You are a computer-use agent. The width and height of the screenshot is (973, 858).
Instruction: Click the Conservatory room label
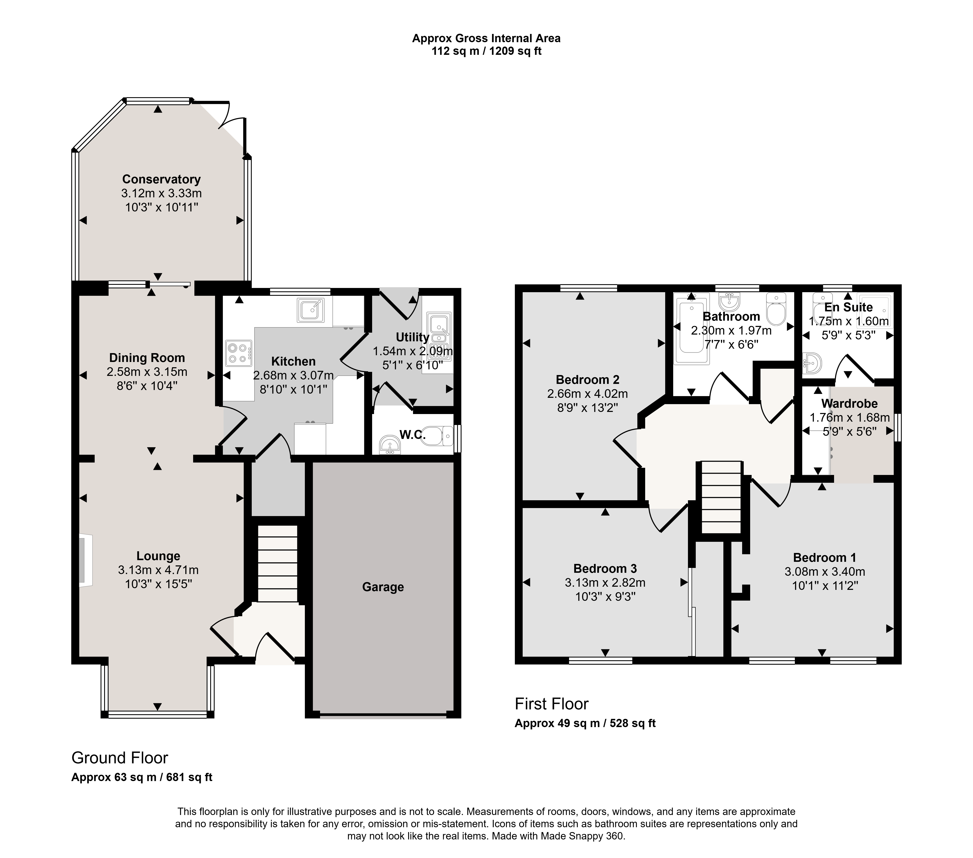pyautogui.click(x=161, y=179)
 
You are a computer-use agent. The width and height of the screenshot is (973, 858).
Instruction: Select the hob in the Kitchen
pyautogui.click(x=239, y=353)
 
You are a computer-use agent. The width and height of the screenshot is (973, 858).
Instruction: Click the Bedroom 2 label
pyautogui.click(x=587, y=380)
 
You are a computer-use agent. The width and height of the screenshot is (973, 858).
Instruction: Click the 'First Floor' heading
pyautogui.click(x=552, y=704)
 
